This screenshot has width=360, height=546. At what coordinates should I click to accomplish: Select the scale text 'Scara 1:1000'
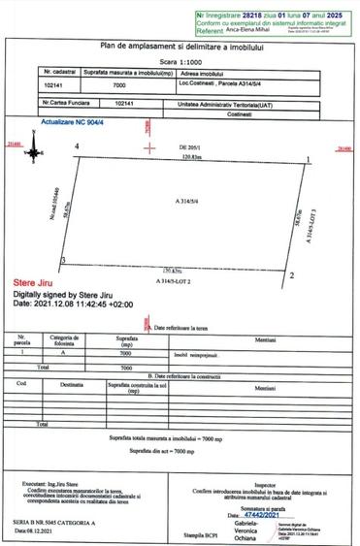click(180, 59)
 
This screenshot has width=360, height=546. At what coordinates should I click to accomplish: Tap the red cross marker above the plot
click(148, 145)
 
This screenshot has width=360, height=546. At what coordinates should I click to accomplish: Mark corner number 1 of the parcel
click(308, 160)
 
